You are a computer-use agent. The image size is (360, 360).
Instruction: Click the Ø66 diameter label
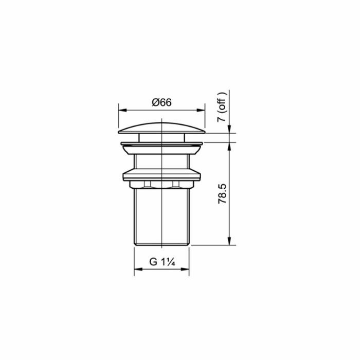[161, 102]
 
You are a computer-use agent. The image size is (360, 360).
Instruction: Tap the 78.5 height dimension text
[222, 193]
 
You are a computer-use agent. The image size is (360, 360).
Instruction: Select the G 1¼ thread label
[162, 262]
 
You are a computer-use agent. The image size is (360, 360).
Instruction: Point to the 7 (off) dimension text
[222, 107]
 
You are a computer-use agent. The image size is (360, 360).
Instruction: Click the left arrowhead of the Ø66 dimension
[122, 110]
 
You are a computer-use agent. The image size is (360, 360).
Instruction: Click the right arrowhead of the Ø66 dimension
[201, 110]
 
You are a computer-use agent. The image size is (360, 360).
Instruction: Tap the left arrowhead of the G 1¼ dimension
[138, 269]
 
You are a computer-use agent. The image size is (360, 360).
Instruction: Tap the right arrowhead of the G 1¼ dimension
[185, 269]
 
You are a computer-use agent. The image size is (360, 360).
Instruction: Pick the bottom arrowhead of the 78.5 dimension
[229, 241]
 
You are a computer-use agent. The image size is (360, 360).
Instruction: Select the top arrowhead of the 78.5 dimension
[229, 147]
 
